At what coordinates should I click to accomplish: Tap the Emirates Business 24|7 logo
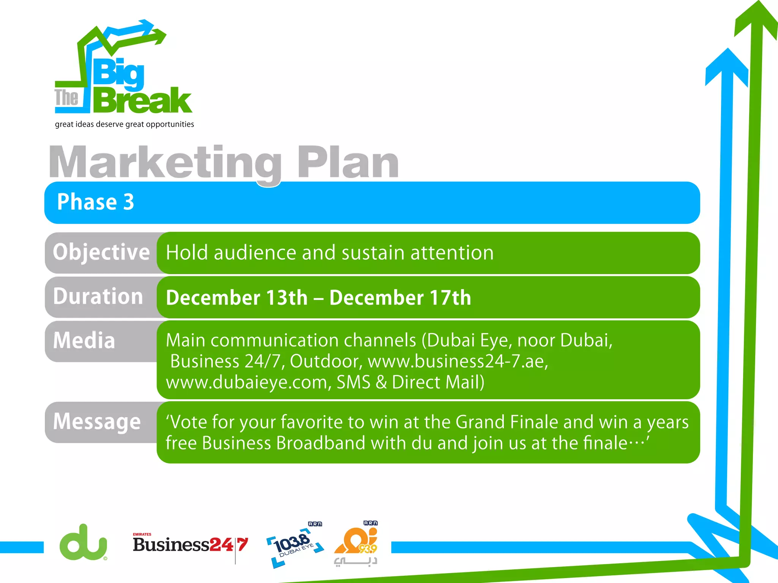pos(190,545)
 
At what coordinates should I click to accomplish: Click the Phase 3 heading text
pos(95,202)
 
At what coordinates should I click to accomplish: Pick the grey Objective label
pos(101,252)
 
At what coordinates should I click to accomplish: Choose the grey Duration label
pos(98,296)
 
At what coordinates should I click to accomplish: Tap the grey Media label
pos(84,340)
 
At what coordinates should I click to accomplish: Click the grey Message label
pos(97,422)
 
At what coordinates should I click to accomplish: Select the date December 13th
pos(237,298)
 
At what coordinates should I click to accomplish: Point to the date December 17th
pos(400,298)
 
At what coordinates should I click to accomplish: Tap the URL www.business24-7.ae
pos(458,361)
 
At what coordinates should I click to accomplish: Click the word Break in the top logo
pos(142,100)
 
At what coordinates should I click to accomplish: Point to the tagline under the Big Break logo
pos(124,124)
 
